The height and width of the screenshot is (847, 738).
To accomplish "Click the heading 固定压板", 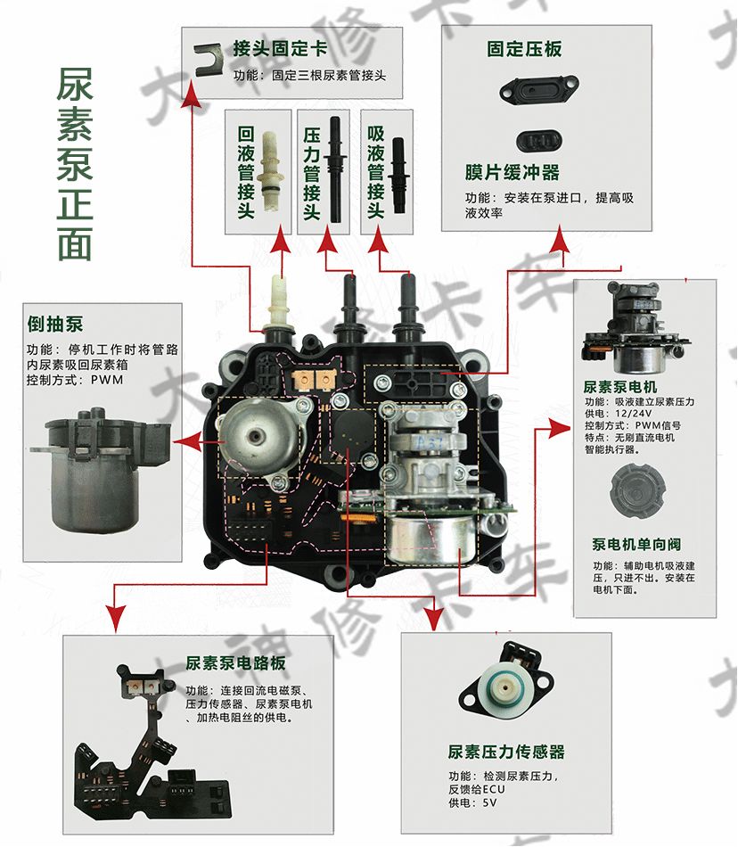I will point(524,49).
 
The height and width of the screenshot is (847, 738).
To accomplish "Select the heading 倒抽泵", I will point(55,322).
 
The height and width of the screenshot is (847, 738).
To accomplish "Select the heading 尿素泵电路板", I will point(235,663).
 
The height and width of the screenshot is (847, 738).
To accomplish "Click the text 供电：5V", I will point(472,803).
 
